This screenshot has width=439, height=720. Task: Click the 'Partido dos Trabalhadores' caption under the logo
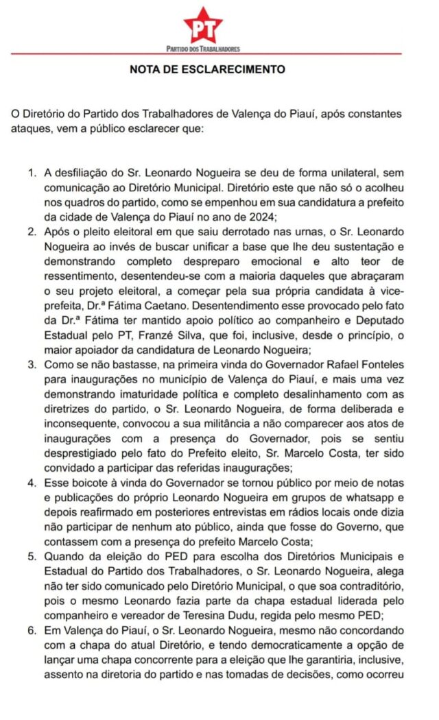(203, 49)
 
